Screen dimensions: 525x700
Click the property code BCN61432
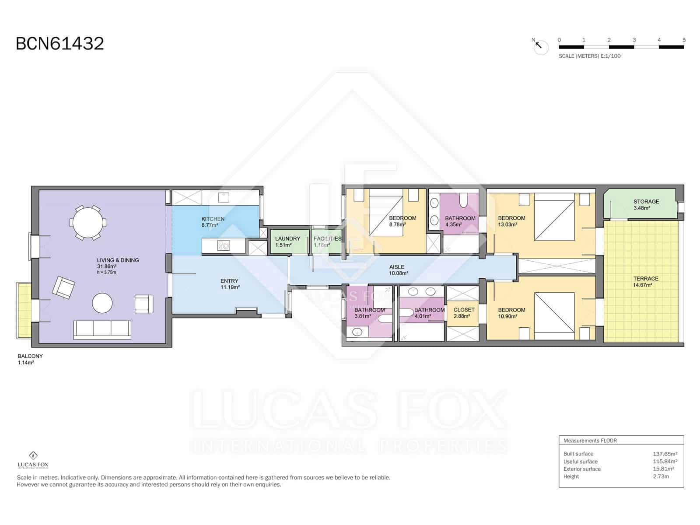point(60,44)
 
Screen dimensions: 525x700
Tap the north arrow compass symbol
point(541,46)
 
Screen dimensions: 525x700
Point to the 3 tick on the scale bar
point(634,40)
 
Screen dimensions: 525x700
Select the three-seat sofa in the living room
point(102,329)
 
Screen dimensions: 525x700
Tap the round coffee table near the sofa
point(102,303)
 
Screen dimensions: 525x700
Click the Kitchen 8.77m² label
point(213,222)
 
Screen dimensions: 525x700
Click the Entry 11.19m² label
point(229,284)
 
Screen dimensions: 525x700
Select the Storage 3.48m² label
point(646,204)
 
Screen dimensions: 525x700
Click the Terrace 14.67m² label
point(645,281)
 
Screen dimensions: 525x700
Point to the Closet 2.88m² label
point(464,312)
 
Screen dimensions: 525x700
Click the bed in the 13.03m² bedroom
point(554,220)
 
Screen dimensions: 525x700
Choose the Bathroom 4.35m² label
point(460,221)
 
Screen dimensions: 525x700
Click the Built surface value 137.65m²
point(665,454)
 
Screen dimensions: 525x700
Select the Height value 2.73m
point(661,476)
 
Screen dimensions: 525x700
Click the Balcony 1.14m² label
point(30,359)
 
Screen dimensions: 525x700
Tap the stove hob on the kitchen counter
point(224,245)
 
